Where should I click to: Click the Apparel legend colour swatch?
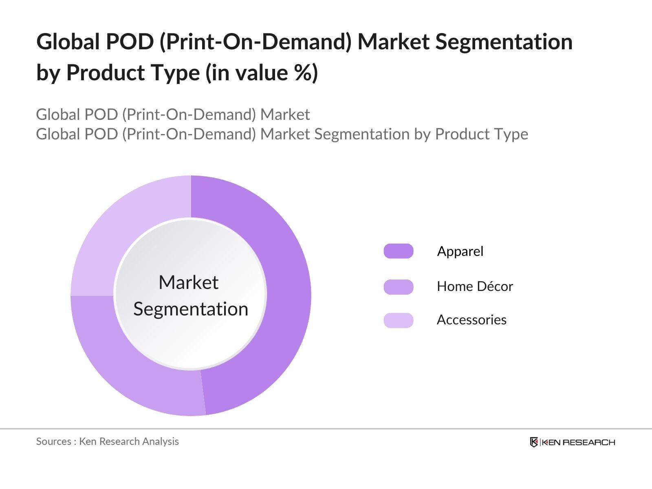(x=398, y=251)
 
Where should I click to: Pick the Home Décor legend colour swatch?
(x=398, y=286)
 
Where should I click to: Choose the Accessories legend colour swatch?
(x=398, y=320)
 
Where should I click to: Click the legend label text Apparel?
(x=460, y=251)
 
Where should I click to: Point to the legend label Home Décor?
(x=475, y=286)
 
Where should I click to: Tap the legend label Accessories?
(x=471, y=320)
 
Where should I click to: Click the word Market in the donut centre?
(x=188, y=282)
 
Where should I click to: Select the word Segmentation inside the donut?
(x=191, y=309)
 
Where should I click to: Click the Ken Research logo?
(x=572, y=442)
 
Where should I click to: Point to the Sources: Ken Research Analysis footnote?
(x=107, y=441)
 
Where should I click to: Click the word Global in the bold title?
(x=68, y=42)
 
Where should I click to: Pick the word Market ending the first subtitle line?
(x=285, y=115)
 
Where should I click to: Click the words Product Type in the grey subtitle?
(x=481, y=134)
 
